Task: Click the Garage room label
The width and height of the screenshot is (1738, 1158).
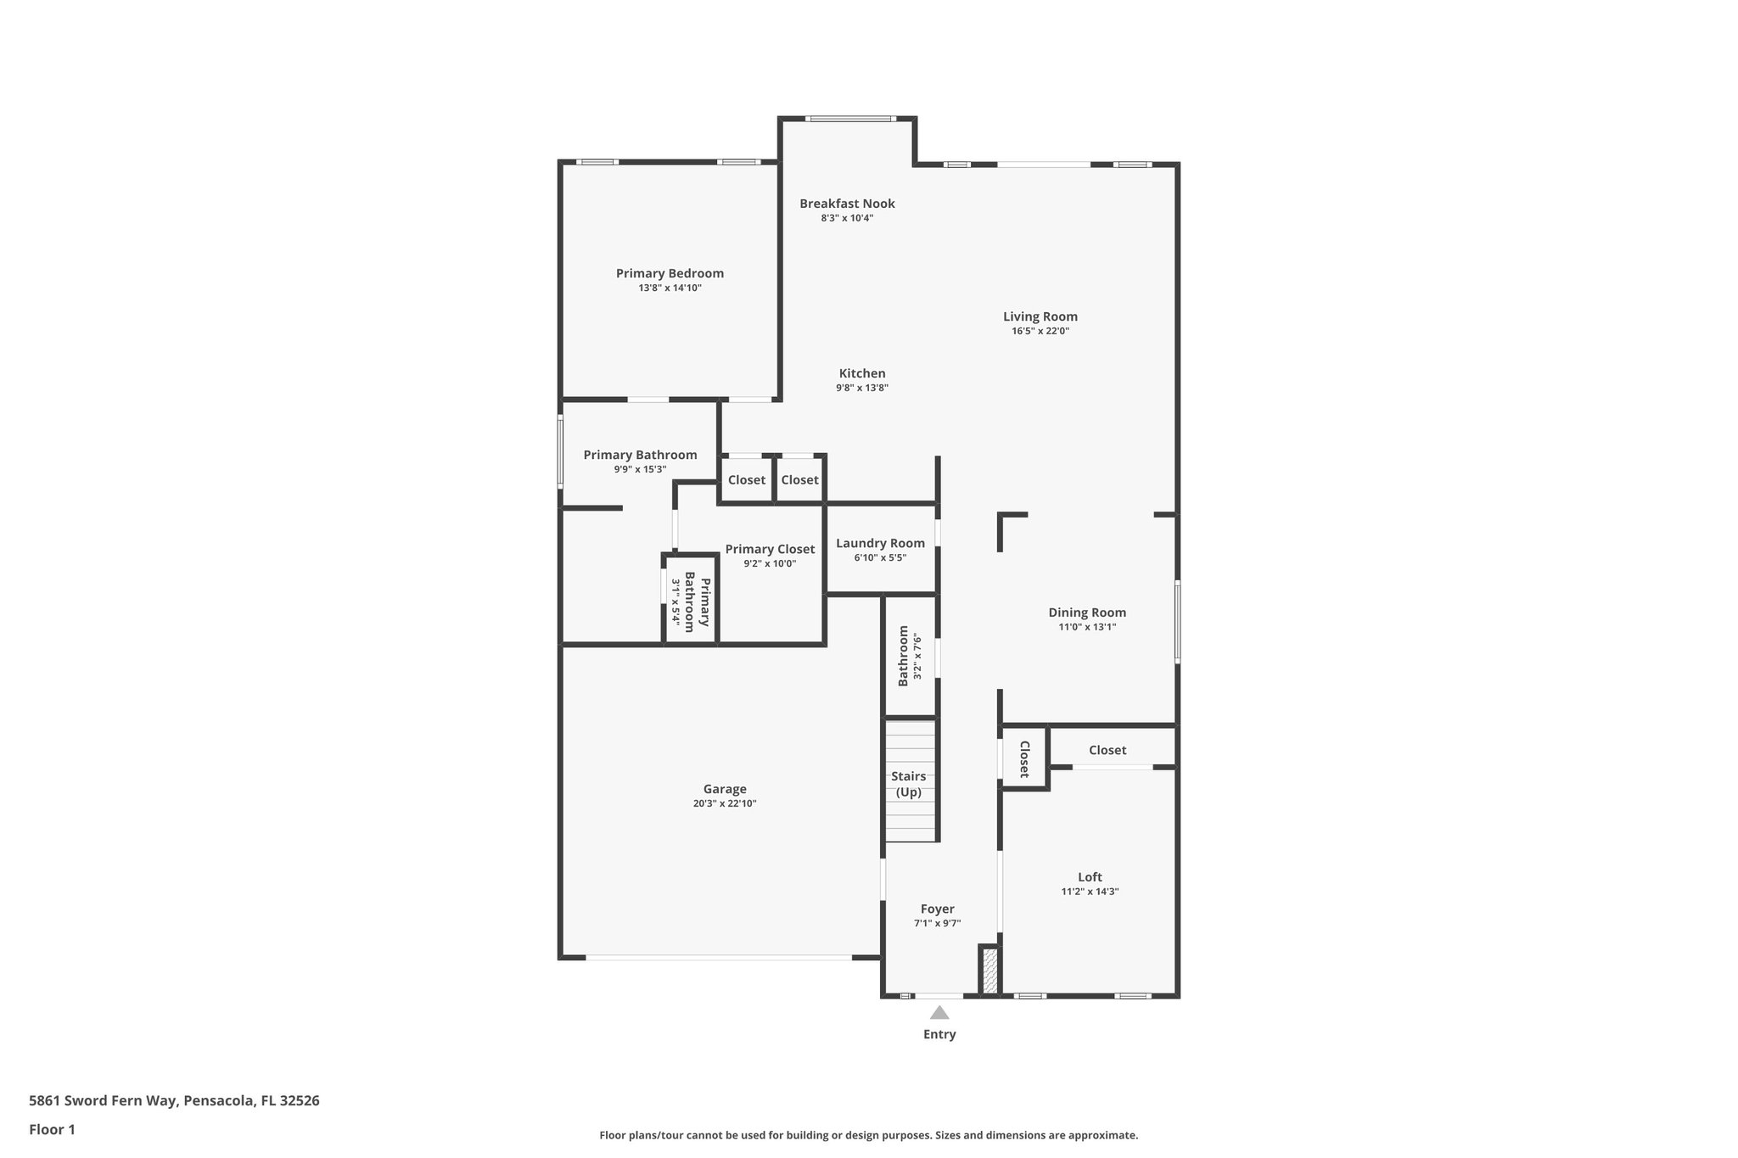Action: tap(724, 788)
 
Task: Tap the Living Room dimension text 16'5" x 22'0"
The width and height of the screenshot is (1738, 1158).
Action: tap(1040, 332)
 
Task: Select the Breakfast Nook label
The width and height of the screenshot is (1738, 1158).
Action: tap(847, 204)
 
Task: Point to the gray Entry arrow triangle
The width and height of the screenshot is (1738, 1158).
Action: tap(939, 1012)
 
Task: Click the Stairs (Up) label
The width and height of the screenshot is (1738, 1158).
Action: tap(908, 784)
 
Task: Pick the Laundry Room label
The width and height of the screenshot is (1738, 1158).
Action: tap(880, 543)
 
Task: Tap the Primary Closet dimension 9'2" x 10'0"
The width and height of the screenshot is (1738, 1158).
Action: tap(770, 563)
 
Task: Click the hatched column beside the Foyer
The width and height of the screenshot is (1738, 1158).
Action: tap(990, 971)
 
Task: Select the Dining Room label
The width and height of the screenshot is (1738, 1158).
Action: tap(1086, 613)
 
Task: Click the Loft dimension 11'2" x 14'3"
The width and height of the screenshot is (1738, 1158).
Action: tap(1090, 892)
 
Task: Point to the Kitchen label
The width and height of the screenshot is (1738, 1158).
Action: tap(862, 373)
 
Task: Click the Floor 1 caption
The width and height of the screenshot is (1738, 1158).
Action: tap(53, 1129)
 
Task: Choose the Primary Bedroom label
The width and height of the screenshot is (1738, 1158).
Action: tap(670, 273)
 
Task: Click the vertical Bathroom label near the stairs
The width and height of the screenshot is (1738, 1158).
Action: tap(904, 656)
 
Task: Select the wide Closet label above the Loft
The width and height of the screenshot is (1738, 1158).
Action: tap(1107, 750)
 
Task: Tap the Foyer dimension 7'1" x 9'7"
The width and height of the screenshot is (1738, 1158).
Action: tap(937, 923)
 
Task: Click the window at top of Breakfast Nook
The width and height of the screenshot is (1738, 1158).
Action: tap(849, 119)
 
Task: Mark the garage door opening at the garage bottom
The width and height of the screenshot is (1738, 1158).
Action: tap(718, 958)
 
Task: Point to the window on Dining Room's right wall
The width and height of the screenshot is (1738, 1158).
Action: tap(1177, 620)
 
